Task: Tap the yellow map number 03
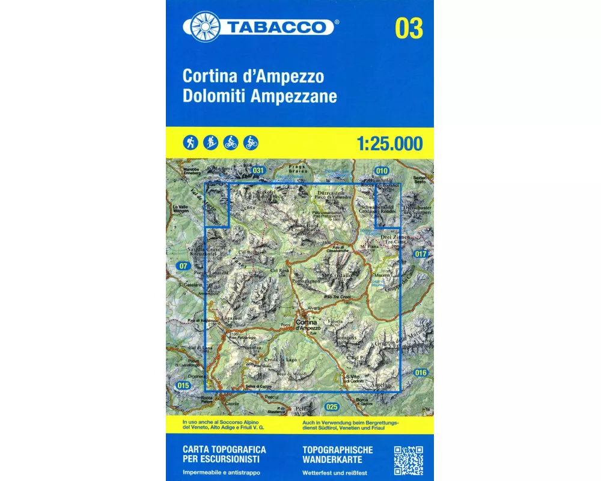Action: point(409,29)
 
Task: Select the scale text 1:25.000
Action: point(389,144)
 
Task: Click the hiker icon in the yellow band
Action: point(191,142)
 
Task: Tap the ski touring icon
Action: point(210,142)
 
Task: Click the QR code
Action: point(409,460)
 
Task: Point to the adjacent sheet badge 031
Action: point(258,171)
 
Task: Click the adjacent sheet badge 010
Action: point(382,171)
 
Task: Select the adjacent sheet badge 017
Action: point(421,254)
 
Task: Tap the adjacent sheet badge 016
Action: point(421,373)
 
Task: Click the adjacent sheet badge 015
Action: point(183,385)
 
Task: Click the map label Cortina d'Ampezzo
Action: point(310,325)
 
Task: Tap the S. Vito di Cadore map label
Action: point(355,379)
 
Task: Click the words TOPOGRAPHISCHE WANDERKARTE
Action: point(338,454)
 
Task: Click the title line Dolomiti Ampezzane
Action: point(260,96)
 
